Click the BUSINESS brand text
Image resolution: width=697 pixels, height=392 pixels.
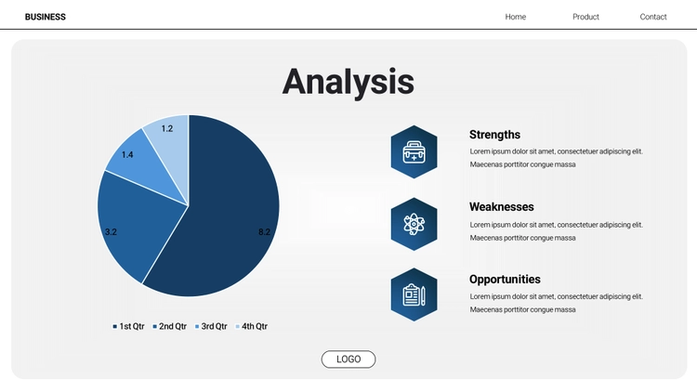point(46,17)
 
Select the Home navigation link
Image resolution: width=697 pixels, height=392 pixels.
point(515,17)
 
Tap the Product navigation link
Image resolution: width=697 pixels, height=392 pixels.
point(585,17)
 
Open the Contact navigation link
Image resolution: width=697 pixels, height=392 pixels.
point(653,17)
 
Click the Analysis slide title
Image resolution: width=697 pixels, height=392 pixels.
point(348,82)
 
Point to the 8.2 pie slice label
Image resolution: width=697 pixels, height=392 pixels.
point(264,231)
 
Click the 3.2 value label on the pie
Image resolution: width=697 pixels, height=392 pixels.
point(111,231)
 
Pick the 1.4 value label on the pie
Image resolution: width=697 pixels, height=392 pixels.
point(127,155)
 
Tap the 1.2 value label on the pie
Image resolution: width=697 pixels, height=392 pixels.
point(166,128)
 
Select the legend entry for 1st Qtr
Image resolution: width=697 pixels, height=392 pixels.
point(128,326)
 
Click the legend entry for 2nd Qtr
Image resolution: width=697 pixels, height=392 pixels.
point(169,326)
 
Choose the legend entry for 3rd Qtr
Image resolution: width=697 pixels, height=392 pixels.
point(211,326)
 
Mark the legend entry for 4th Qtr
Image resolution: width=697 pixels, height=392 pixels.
point(251,326)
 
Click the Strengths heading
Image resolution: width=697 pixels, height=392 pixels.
point(494,134)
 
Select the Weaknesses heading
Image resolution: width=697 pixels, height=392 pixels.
point(502,206)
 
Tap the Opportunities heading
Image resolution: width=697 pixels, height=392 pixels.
point(505,279)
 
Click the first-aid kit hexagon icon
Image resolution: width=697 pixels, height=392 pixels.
point(414,152)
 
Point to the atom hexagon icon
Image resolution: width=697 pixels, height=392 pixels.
point(414,224)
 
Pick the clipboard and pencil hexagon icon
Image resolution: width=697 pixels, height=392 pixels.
point(414,294)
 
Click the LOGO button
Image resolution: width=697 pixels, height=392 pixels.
point(348,359)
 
